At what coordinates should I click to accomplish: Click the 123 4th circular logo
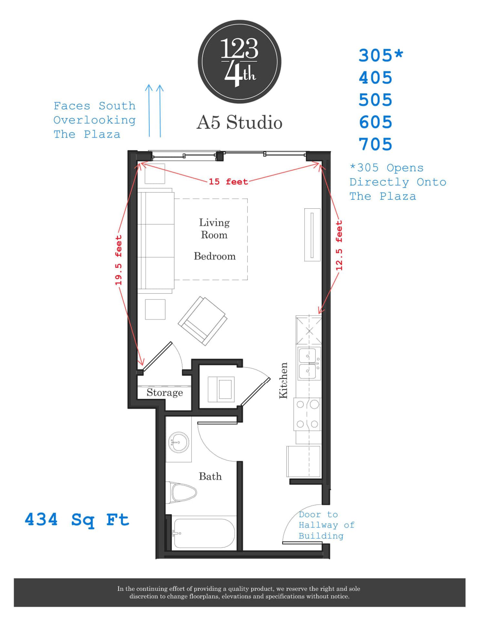click(x=239, y=62)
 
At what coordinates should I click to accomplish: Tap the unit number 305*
click(x=381, y=56)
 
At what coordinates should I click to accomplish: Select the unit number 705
click(x=375, y=144)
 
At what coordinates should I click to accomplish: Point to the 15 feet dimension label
click(x=228, y=182)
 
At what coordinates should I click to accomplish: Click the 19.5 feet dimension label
click(x=119, y=260)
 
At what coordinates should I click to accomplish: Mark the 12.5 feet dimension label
click(x=339, y=245)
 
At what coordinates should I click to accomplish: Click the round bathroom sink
click(x=178, y=442)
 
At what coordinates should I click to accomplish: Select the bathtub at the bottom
click(x=203, y=533)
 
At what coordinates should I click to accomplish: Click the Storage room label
click(x=165, y=393)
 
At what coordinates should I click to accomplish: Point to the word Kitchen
click(x=283, y=380)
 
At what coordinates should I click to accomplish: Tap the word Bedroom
click(x=215, y=256)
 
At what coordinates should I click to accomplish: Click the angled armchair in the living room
click(x=203, y=320)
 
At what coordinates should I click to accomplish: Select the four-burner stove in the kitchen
click(x=308, y=414)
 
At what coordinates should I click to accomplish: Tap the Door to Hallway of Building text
click(x=326, y=525)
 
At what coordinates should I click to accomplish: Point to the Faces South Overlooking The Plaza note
click(x=94, y=120)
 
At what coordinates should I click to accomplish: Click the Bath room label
click(x=210, y=477)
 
